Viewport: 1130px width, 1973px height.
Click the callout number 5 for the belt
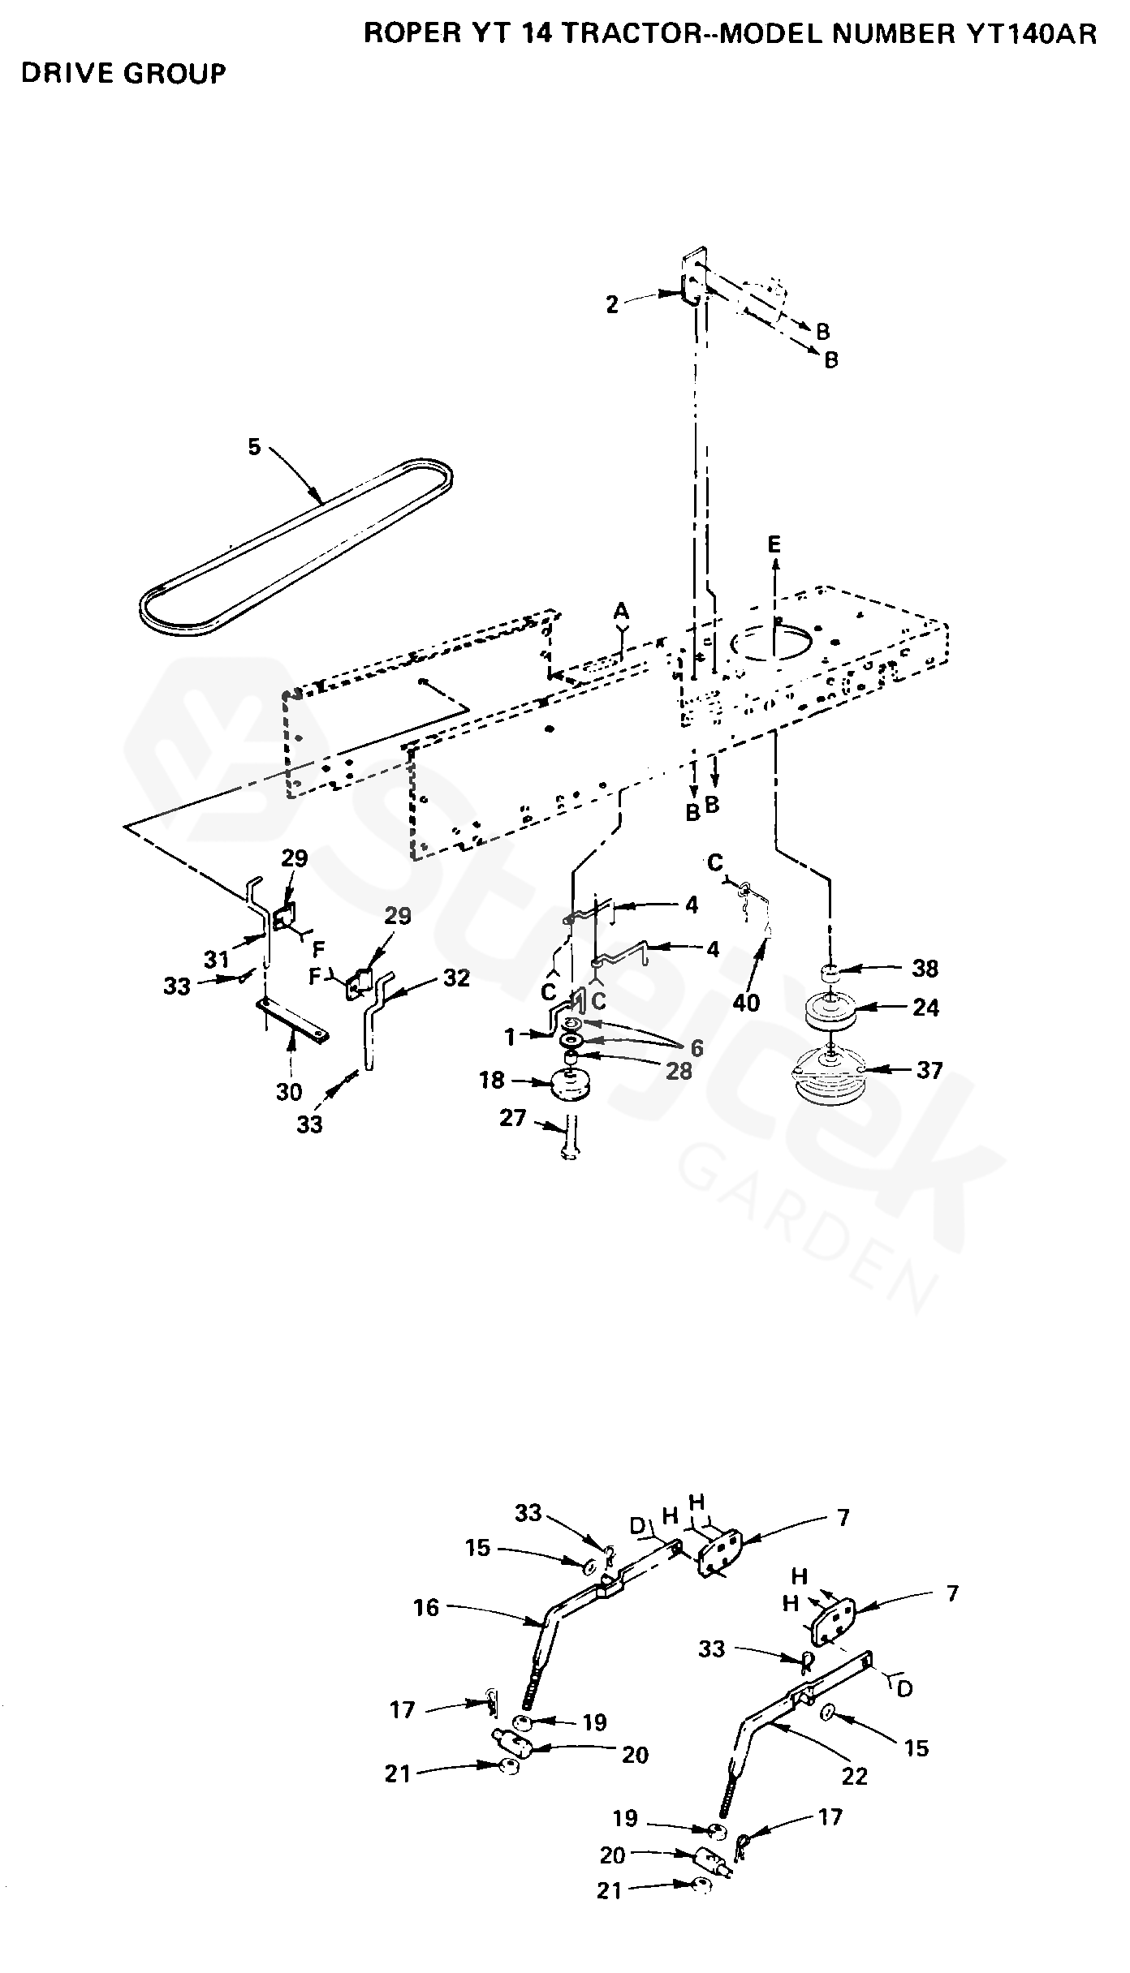(255, 447)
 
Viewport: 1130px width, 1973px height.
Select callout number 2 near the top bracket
(612, 304)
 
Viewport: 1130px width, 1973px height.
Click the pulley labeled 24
(829, 1009)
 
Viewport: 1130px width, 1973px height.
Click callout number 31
(217, 960)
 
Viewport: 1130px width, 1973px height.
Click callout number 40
(747, 1003)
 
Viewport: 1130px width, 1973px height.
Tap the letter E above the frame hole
(774, 544)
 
